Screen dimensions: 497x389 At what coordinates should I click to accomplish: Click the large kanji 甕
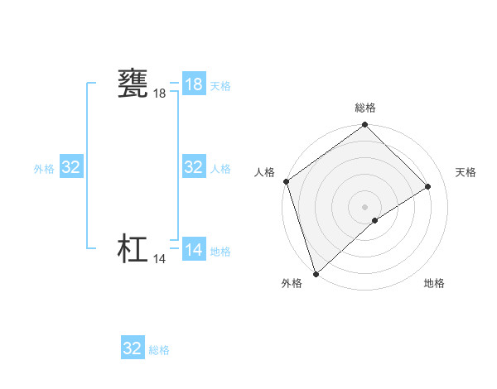[x=133, y=84]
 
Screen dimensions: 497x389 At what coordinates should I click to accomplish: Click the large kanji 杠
[x=133, y=249]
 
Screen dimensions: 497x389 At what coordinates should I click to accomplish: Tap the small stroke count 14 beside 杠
[x=160, y=259]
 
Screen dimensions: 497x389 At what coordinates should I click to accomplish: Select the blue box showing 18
[x=194, y=84]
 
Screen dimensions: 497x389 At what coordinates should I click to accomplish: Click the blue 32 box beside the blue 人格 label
[x=194, y=167]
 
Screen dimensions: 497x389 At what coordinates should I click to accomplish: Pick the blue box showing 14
[x=194, y=250]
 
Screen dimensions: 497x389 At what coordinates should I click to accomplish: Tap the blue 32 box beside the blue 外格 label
[x=71, y=167]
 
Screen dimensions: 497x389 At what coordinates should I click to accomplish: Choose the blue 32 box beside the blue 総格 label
[x=133, y=348]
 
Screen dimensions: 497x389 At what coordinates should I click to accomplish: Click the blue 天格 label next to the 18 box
[x=220, y=85]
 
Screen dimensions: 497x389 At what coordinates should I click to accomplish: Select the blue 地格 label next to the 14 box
[x=220, y=251]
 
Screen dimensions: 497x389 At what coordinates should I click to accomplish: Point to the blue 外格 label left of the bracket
[x=44, y=168]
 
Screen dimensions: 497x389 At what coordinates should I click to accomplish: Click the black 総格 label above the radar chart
[x=365, y=108]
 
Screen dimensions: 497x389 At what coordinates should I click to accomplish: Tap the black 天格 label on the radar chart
[x=466, y=172]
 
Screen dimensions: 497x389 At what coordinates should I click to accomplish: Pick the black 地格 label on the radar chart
[x=434, y=283]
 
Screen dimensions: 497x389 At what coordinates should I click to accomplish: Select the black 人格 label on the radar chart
[x=265, y=172]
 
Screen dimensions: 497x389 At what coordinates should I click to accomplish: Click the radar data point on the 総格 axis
[x=365, y=126]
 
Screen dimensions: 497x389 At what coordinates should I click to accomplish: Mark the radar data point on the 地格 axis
[x=375, y=220]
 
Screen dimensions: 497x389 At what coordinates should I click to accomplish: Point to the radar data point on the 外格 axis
[x=316, y=273]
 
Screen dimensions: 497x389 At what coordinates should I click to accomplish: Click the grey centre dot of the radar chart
[x=365, y=206]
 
